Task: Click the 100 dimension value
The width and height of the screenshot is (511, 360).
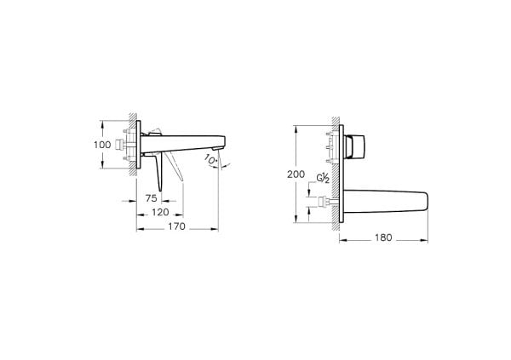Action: point(101,146)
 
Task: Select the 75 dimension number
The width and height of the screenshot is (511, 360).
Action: point(150,198)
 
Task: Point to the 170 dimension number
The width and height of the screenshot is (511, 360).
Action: point(175,227)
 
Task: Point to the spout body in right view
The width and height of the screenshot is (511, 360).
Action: point(388,203)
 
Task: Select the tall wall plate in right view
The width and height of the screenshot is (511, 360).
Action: point(342,174)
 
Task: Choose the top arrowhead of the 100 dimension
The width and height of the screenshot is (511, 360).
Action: point(115,121)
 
